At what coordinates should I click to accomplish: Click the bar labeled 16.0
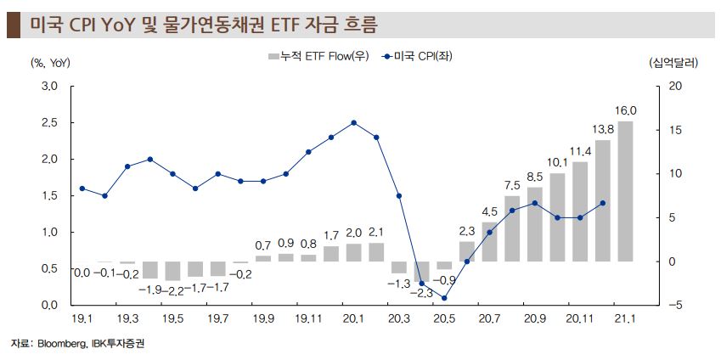[625, 191]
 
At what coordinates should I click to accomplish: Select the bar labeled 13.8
[603, 200]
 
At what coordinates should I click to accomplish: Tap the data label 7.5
[512, 185]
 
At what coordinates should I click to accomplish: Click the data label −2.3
[421, 293]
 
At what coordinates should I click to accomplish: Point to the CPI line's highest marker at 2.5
[353, 122]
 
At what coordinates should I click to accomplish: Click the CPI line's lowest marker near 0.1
[444, 298]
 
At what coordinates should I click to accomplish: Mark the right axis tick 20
[675, 87]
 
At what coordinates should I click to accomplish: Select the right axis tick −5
[675, 305]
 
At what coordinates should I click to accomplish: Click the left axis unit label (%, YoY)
[51, 62]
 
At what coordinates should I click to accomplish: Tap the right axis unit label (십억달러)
[672, 62]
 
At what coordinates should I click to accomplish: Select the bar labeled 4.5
[490, 241]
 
